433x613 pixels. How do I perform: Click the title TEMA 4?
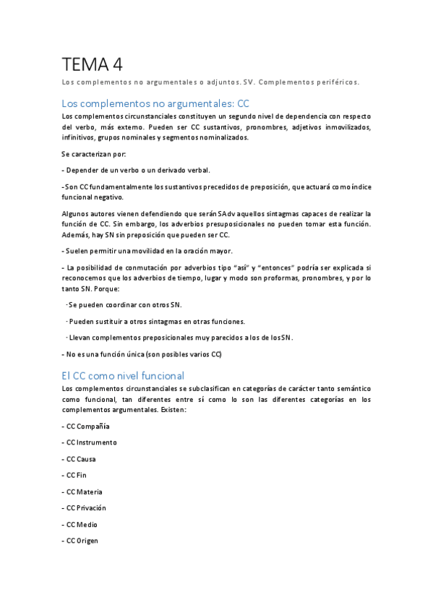(92, 64)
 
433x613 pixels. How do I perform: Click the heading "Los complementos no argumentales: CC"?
(155, 103)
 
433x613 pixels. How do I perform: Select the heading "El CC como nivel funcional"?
(123, 376)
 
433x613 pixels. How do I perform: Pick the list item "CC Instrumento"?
(89, 442)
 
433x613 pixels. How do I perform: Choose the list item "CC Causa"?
(80, 459)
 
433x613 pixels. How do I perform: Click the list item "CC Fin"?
(74, 476)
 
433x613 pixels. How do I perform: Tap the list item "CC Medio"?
(80, 525)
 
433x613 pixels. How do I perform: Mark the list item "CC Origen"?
(80, 541)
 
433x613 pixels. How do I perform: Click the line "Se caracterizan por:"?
(94, 154)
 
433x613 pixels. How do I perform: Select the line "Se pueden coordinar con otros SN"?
(124, 305)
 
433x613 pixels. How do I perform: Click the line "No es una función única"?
(143, 354)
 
